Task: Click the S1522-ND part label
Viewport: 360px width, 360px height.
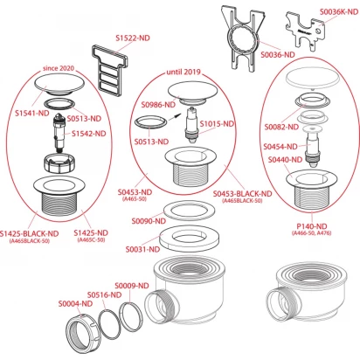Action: point(133,38)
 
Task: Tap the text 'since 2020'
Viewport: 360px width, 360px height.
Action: point(59,68)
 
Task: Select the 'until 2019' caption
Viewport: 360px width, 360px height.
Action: point(183,72)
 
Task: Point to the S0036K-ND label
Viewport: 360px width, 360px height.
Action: point(339,11)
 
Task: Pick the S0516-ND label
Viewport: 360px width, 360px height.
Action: point(104,295)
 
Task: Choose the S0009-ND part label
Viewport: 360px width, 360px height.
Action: point(132,286)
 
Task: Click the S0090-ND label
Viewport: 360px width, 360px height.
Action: point(149,221)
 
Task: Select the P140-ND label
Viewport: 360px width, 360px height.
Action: point(312,226)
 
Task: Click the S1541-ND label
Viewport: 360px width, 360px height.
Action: point(32,114)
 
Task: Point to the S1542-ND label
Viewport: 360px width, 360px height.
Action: point(89,134)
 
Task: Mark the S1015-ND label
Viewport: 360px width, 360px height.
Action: point(217,124)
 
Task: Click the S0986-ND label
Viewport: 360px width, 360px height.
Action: point(158,105)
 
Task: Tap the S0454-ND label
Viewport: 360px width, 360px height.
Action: point(280,147)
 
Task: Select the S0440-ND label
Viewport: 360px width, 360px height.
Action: point(285,160)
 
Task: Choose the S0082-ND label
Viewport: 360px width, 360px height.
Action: point(281,127)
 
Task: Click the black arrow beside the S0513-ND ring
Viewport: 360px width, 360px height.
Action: point(174,117)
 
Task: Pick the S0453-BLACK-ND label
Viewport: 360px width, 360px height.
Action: point(242,194)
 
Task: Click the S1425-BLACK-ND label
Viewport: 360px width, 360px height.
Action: point(29,234)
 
